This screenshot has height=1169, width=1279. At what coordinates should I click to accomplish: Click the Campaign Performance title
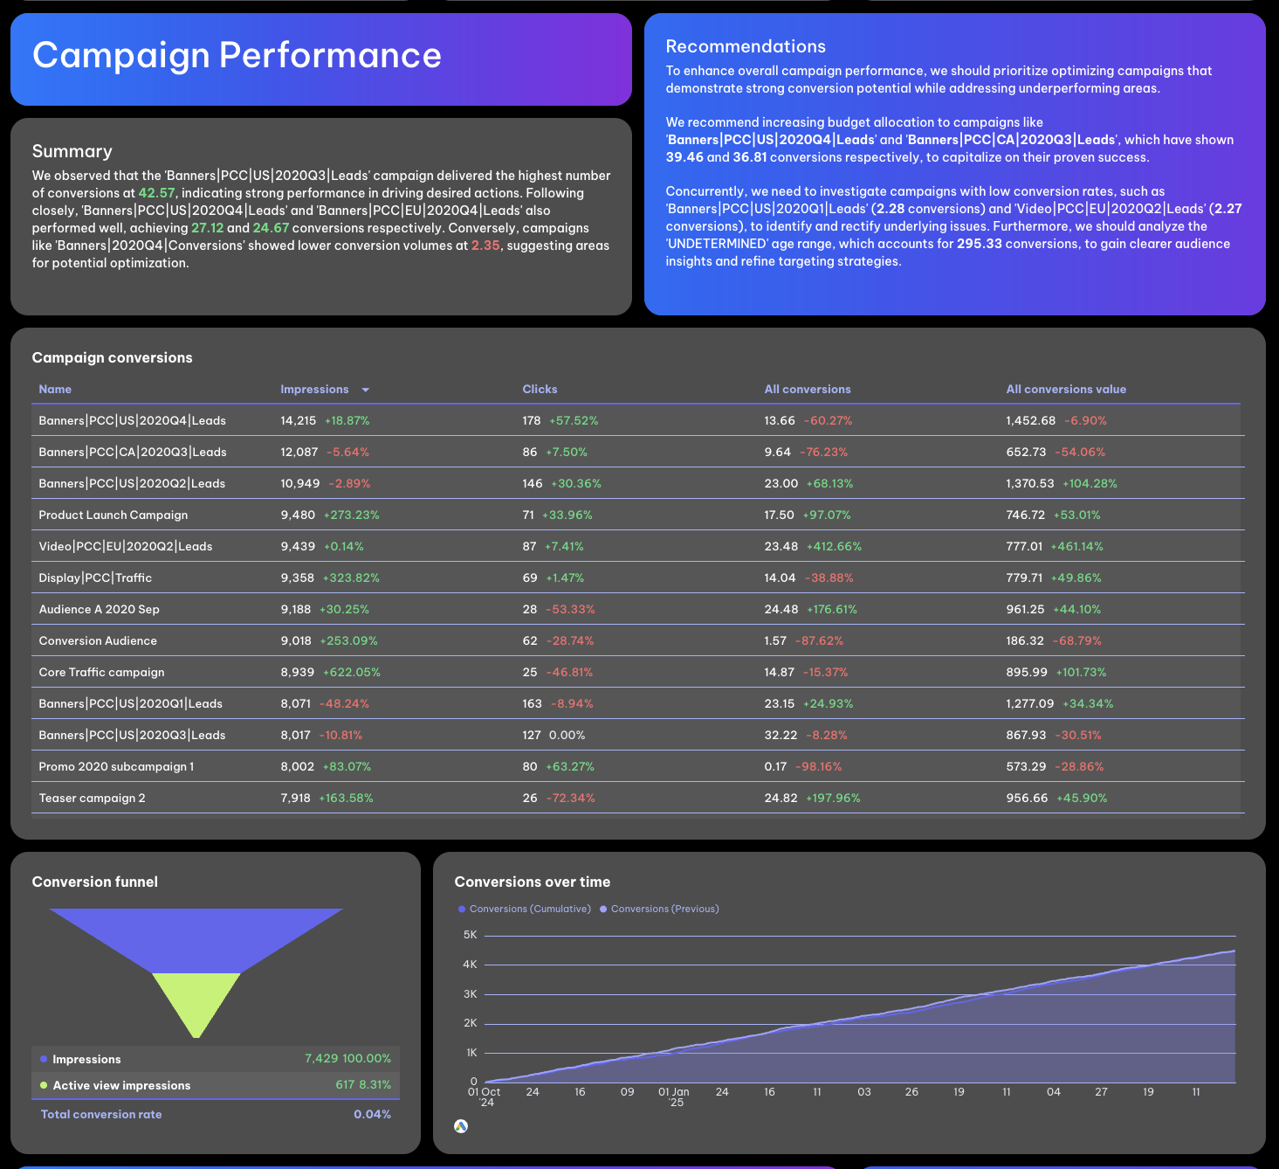point(237,56)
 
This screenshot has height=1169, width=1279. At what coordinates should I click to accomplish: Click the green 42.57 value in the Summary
point(156,193)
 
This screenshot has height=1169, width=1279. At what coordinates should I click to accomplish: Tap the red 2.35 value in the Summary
point(485,246)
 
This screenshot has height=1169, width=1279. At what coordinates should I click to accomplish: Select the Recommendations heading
point(745,47)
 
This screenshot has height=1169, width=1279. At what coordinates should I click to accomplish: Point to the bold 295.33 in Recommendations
point(979,244)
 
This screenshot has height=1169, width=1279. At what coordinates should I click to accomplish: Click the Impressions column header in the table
point(314,390)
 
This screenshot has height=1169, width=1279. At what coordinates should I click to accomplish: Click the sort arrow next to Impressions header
point(365,390)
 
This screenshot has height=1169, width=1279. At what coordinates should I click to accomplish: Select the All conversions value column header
point(1065,390)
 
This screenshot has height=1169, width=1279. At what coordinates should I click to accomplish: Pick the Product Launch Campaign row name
point(113,515)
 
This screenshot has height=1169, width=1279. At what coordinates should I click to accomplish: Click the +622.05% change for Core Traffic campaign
point(351,673)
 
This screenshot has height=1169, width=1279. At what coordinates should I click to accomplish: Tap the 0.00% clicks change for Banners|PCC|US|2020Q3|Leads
point(567,736)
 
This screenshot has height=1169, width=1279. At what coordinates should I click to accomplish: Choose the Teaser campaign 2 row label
point(92,799)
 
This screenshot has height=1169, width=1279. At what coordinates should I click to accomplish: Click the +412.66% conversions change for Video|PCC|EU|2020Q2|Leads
point(834,547)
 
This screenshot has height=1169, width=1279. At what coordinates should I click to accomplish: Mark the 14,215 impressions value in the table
point(298,421)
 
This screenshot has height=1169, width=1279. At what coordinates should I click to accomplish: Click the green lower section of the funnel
point(196,1000)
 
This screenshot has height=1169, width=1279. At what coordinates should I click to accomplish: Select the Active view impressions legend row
point(121,1086)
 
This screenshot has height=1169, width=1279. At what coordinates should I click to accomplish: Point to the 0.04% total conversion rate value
point(372,1115)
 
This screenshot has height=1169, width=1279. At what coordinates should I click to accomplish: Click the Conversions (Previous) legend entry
point(664,910)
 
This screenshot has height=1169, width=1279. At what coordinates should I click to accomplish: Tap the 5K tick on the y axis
point(470,935)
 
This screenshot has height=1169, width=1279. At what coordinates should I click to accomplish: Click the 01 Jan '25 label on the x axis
point(674,1096)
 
